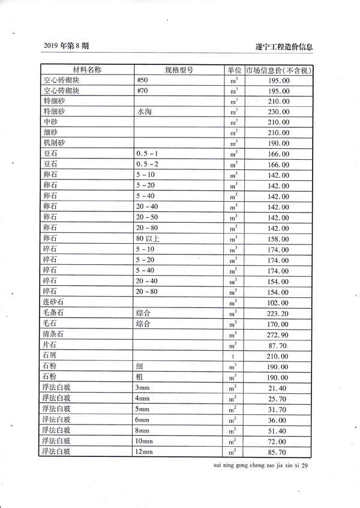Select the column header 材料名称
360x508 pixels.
click(87, 70)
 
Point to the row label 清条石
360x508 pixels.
click(53, 334)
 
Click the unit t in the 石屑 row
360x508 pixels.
click(234, 356)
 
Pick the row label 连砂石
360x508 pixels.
click(53, 303)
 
